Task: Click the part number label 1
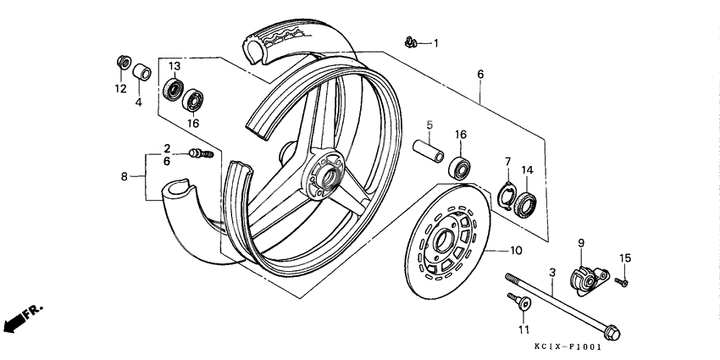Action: tap(437, 42)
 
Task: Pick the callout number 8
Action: tap(125, 177)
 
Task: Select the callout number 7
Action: tap(508, 162)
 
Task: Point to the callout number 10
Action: tap(517, 252)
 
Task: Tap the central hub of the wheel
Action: tap(324, 175)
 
